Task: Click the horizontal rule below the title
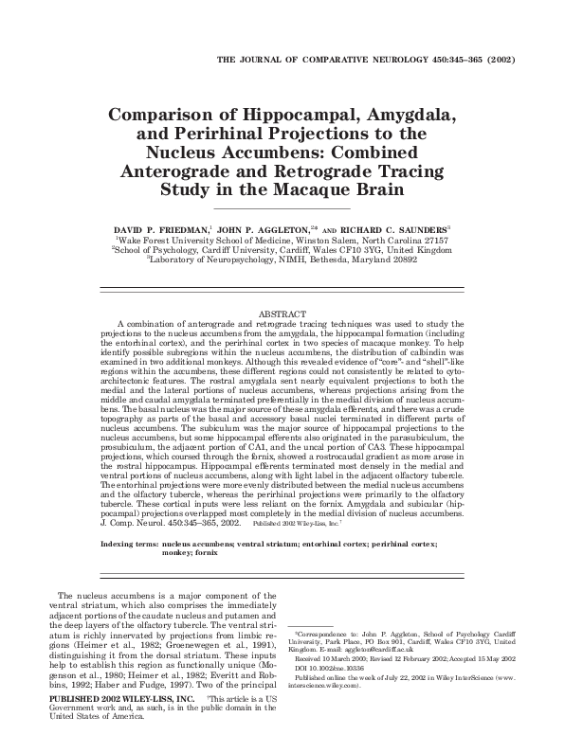point(282,207)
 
